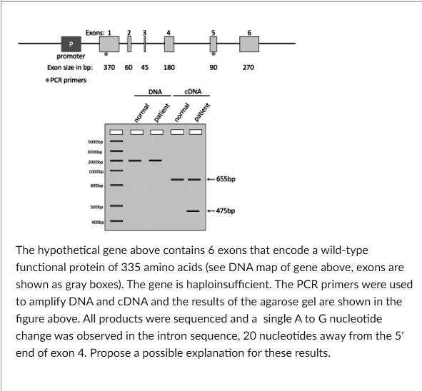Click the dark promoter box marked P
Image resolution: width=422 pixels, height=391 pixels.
[70, 44]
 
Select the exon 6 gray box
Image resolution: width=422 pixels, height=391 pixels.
[248, 44]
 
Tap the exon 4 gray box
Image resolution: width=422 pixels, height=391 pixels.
[169, 44]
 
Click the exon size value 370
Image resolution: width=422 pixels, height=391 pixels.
[109, 67]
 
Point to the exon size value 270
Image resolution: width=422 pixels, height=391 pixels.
[248, 67]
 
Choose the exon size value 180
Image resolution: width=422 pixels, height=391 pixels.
[169, 67]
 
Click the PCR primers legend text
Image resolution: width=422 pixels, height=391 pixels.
[66, 79]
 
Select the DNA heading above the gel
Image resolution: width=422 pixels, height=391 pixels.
[155, 92]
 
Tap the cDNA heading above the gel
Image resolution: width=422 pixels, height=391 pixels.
[194, 92]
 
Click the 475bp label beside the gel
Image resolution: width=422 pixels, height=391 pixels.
[224, 211]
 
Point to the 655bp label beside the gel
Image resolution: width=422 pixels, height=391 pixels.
[224, 179]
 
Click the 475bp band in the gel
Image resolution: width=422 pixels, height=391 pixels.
[193, 211]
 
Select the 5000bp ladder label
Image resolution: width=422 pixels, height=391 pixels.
[96, 143]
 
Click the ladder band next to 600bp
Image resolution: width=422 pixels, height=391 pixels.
[116, 186]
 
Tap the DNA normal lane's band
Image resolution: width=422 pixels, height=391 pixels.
[136, 161]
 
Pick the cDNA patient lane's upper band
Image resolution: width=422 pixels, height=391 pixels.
[193, 179]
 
